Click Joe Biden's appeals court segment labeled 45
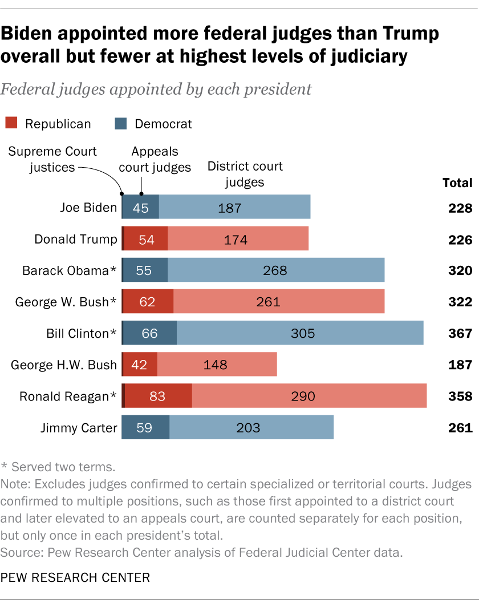click(140, 208)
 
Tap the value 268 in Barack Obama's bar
click(275, 270)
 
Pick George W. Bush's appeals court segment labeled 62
click(148, 302)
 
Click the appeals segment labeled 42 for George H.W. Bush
click(140, 365)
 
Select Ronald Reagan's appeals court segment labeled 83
click(157, 396)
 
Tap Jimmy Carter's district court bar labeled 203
click(251, 427)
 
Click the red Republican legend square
click(12, 123)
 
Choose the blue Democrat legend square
click(121, 123)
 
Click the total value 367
click(459, 333)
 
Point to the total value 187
click(459, 365)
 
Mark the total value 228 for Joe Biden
click(459, 208)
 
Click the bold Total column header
click(457, 183)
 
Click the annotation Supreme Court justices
click(52, 159)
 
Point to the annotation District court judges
click(245, 174)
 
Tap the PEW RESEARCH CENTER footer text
click(75, 577)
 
